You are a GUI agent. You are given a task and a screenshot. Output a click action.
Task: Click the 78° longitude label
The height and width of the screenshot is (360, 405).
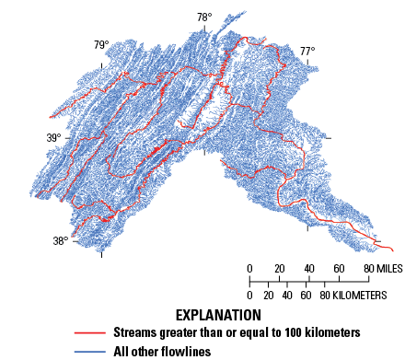(203, 17)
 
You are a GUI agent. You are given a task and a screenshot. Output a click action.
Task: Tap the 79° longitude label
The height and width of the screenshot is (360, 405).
(100, 45)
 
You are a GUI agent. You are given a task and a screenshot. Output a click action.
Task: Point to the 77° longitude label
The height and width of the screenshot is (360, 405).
(307, 52)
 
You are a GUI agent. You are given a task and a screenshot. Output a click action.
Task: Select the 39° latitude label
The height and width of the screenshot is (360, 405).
(54, 138)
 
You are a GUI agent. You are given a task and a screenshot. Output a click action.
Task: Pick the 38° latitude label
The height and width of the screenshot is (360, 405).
(60, 241)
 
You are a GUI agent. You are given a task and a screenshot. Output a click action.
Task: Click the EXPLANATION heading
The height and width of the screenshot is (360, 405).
(201, 315)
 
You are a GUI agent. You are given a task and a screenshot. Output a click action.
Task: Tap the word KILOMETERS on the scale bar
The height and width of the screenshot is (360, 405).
(343, 296)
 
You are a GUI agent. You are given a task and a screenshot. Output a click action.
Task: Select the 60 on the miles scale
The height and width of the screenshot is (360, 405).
(339, 269)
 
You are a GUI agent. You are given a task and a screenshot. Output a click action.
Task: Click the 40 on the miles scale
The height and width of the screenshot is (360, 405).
(309, 269)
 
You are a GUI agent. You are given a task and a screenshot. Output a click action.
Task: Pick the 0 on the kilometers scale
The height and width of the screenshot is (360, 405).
(249, 296)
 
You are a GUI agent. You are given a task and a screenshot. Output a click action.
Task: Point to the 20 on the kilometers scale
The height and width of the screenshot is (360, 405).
(269, 296)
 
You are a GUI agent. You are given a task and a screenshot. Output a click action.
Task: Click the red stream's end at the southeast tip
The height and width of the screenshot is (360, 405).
(393, 250)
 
